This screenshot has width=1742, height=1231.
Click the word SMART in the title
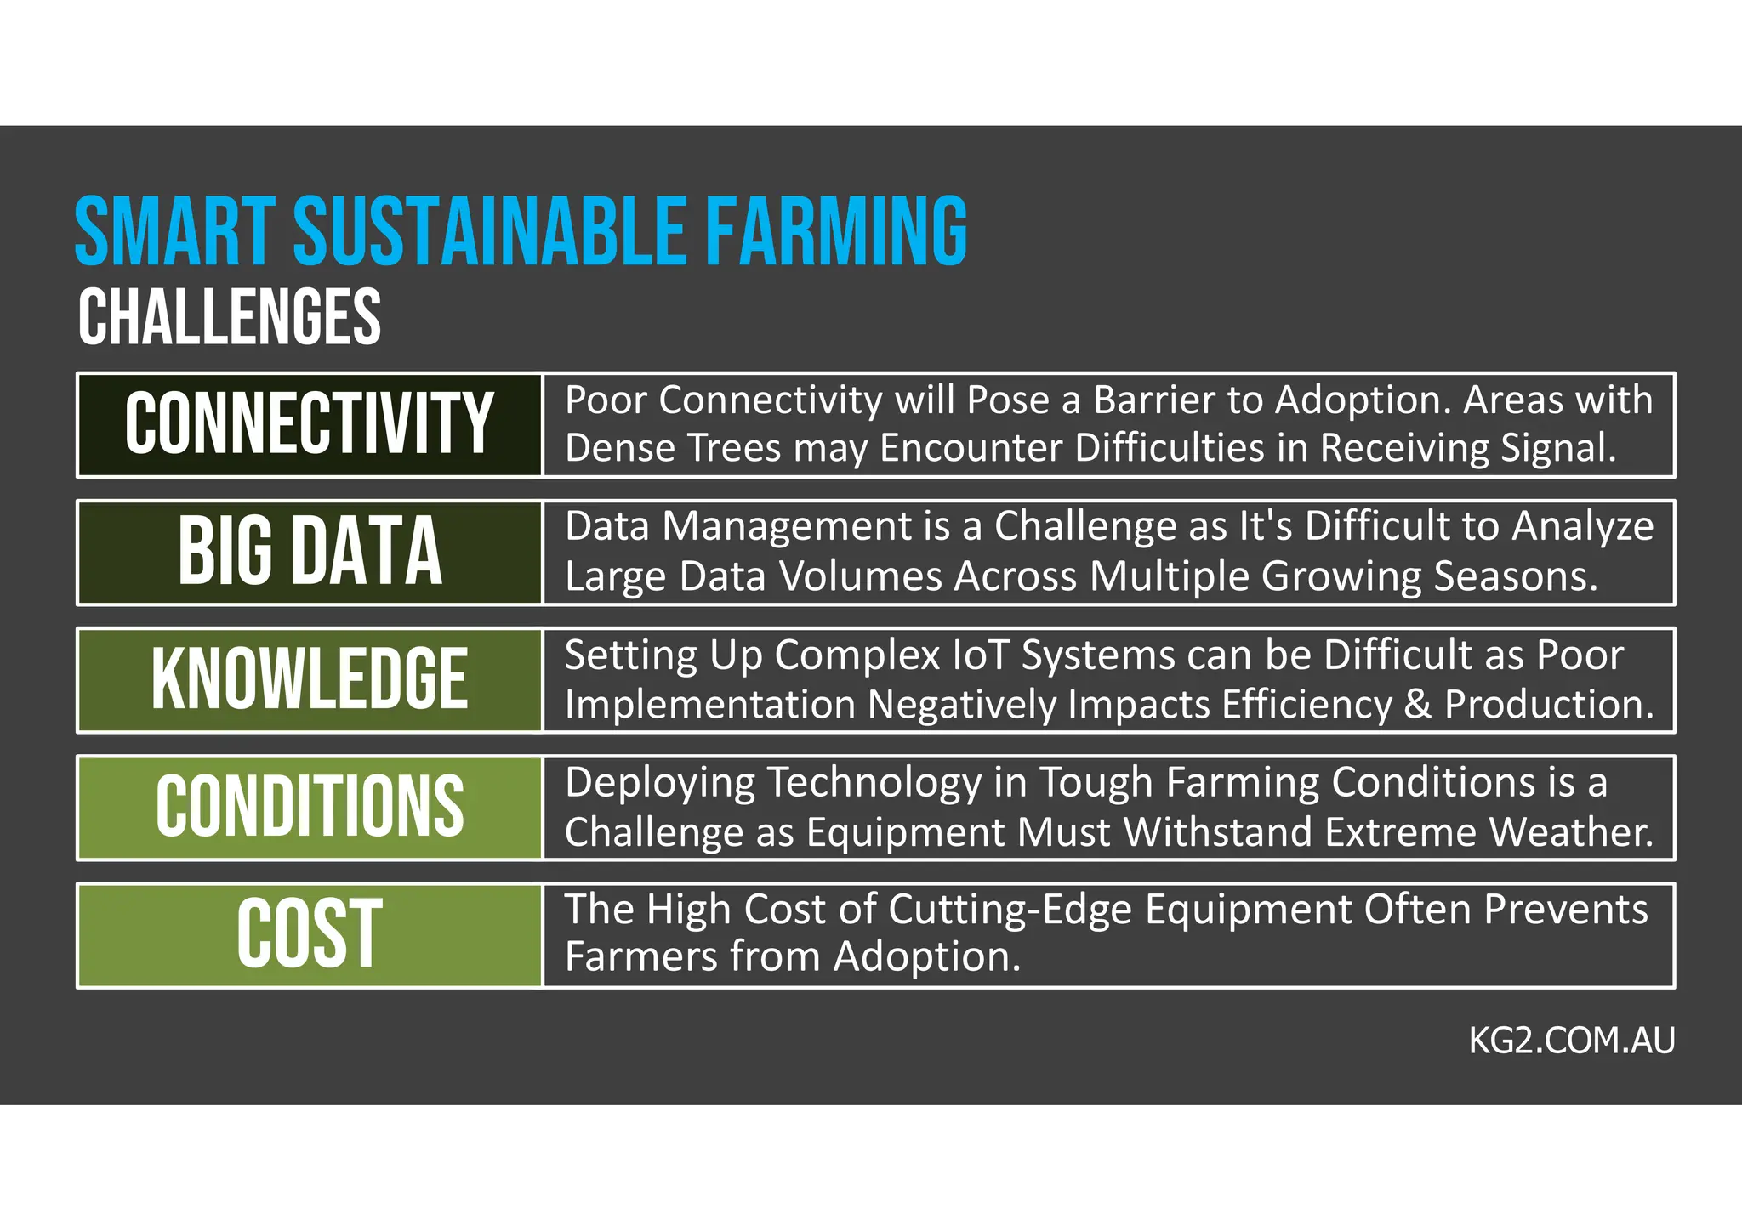[x=174, y=231]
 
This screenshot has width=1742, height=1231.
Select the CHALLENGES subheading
[x=230, y=316]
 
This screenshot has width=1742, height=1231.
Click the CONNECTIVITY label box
[x=310, y=424]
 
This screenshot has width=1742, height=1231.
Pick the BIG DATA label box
[x=310, y=552]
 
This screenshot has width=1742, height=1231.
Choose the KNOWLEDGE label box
[x=310, y=679]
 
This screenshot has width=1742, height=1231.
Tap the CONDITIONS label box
[x=310, y=807]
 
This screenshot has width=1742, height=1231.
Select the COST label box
[x=310, y=934]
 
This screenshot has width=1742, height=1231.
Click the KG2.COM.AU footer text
[x=1571, y=1041]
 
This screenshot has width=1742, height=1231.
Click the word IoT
[x=982, y=655]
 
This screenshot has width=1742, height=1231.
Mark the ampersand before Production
[x=1417, y=705]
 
